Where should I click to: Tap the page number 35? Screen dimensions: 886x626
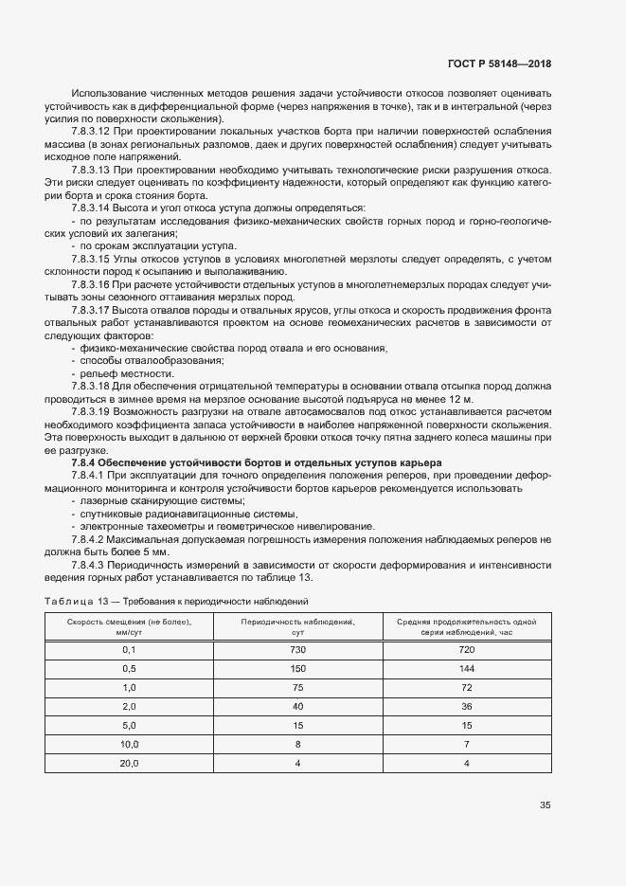(x=545, y=805)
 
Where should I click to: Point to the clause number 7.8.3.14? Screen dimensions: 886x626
(x=92, y=207)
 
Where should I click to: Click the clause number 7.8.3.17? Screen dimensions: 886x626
(x=92, y=309)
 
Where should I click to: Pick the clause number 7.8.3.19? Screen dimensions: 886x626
(x=92, y=411)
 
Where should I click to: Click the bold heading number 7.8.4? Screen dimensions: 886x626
(x=85, y=461)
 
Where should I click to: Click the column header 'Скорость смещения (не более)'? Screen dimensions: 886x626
(x=129, y=626)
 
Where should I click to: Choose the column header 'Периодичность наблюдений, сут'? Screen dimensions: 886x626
(x=297, y=626)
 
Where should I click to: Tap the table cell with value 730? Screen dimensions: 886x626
(x=297, y=650)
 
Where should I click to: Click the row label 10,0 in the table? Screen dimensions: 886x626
(x=130, y=745)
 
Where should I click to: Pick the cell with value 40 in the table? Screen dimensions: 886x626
(x=297, y=707)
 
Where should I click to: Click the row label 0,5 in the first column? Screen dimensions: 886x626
(x=130, y=668)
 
